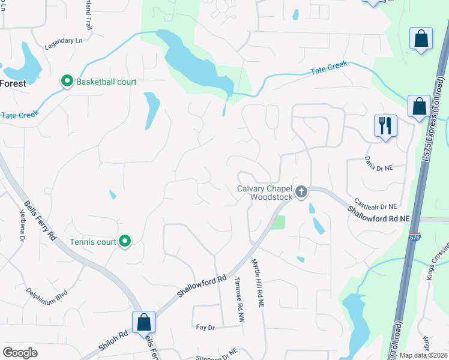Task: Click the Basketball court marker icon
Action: (x=67, y=81)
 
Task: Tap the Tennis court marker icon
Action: (x=125, y=242)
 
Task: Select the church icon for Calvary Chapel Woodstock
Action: (x=301, y=191)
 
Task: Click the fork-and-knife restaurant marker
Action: (x=385, y=126)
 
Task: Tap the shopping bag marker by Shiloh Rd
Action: (x=144, y=322)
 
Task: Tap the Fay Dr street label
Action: (x=205, y=327)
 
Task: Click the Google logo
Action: (x=20, y=352)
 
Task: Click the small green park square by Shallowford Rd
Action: (x=278, y=223)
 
